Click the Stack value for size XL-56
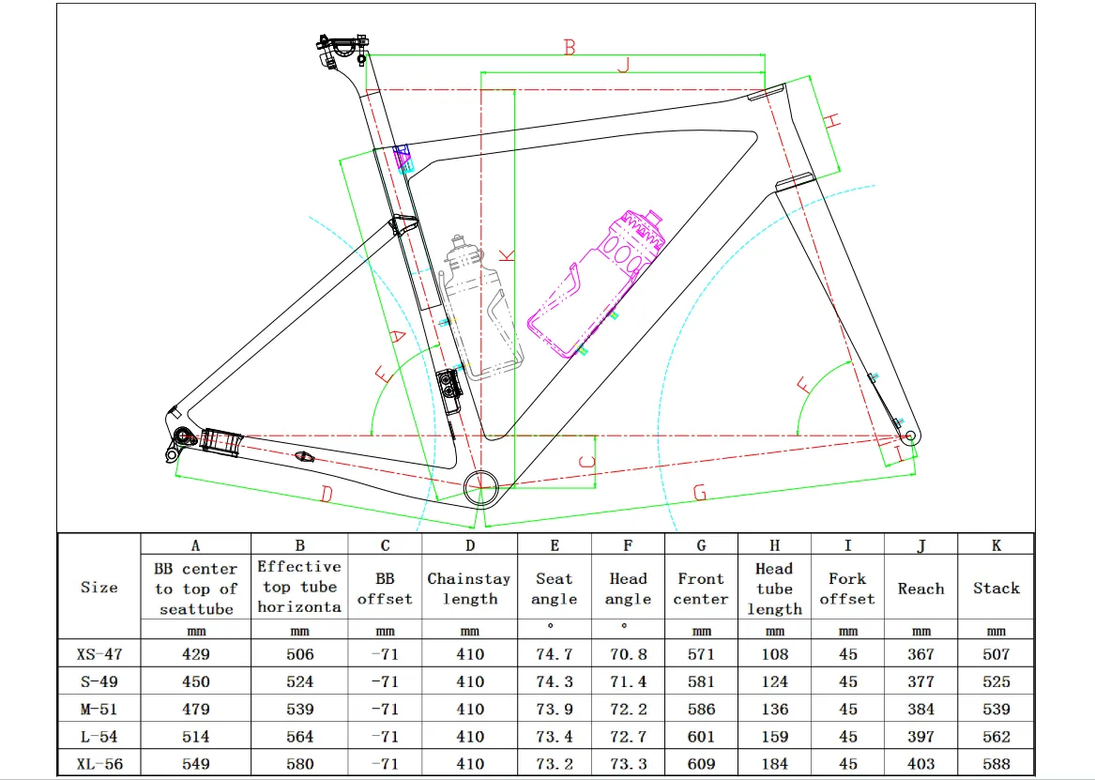click(x=996, y=764)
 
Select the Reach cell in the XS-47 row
click(x=920, y=654)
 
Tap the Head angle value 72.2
click(x=628, y=710)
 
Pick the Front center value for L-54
click(x=701, y=737)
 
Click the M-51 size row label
click(x=99, y=710)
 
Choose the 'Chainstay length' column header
click(x=469, y=589)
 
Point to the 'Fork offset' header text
click(x=847, y=589)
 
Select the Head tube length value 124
click(x=774, y=681)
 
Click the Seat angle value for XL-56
click(x=555, y=764)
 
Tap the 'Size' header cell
click(x=99, y=588)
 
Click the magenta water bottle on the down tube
click(x=596, y=283)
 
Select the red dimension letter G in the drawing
click(x=700, y=493)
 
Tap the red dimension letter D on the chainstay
click(x=327, y=495)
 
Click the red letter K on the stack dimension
click(x=508, y=255)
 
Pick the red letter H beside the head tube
click(x=831, y=121)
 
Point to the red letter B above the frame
click(x=570, y=47)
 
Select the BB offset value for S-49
click(x=385, y=681)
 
